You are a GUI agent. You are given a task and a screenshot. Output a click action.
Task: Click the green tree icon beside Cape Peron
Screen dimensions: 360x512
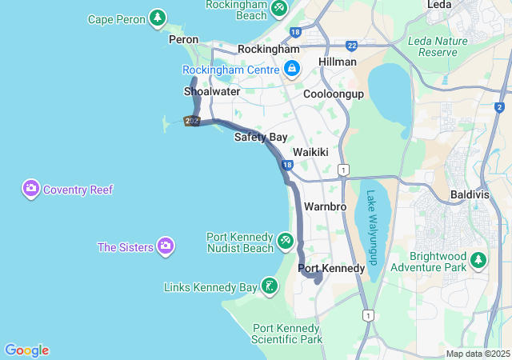[x=158, y=17]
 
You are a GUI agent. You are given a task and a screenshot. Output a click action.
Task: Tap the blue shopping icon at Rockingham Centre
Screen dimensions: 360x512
[x=292, y=69]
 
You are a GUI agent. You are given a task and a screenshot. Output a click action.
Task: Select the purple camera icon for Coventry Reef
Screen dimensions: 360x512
[x=31, y=190]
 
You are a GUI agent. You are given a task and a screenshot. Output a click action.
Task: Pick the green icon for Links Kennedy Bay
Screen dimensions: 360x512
[x=270, y=286]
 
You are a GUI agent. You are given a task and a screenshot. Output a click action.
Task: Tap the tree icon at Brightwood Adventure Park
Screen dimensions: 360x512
[x=478, y=259]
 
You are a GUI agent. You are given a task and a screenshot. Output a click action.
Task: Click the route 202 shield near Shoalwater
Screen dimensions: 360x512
[x=191, y=121]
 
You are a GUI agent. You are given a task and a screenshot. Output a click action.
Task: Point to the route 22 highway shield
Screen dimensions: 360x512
[x=352, y=46]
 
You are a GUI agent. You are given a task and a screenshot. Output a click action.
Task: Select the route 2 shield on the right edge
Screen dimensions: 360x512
[x=499, y=107]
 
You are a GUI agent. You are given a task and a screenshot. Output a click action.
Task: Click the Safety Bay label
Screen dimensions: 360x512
[x=261, y=137]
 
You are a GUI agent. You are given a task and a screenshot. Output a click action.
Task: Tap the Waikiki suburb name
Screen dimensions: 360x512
[x=310, y=152]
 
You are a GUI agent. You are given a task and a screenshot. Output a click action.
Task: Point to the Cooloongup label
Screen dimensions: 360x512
[x=334, y=94]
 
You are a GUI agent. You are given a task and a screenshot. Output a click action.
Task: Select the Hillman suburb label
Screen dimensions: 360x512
[x=337, y=62]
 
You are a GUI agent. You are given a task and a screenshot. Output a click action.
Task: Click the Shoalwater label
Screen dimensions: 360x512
[x=212, y=91]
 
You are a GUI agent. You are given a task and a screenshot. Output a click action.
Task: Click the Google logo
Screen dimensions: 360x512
[x=26, y=350]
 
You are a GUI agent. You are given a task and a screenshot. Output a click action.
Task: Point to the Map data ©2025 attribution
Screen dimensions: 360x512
[x=478, y=354]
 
